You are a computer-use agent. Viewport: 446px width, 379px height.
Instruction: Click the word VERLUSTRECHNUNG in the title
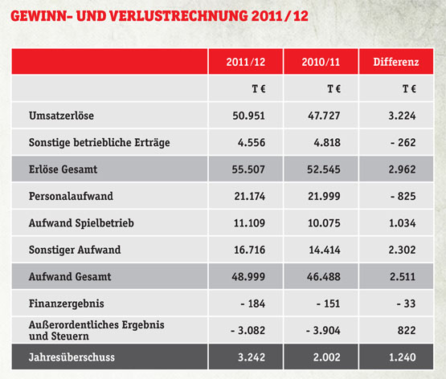click(x=178, y=16)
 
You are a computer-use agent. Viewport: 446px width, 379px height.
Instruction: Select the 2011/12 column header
click(x=246, y=62)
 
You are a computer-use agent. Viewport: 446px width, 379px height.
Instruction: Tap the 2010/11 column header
click(x=321, y=62)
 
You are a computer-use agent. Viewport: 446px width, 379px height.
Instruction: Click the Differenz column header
click(x=396, y=62)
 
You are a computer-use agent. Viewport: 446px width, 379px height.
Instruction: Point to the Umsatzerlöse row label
click(x=61, y=116)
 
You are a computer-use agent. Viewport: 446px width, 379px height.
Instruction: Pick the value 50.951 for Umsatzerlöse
click(x=248, y=116)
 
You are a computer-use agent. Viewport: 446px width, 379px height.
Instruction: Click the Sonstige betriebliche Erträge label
click(x=100, y=143)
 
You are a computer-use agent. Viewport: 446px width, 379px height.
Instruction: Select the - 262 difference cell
click(x=403, y=143)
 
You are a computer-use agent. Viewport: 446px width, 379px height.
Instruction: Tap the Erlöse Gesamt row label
click(x=63, y=169)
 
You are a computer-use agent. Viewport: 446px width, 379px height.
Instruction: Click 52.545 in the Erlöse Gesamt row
click(x=324, y=169)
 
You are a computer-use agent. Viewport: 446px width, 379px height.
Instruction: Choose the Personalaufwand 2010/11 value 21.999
click(x=324, y=196)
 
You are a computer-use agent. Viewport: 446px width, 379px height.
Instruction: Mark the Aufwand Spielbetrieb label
click(x=81, y=223)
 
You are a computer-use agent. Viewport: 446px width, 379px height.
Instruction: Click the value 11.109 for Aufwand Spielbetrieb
click(x=249, y=223)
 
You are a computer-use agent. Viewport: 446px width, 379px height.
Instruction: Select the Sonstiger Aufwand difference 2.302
click(x=402, y=250)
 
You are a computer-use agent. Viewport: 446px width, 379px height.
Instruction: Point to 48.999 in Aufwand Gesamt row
click(x=248, y=277)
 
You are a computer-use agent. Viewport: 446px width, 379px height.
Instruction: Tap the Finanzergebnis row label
click(x=66, y=304)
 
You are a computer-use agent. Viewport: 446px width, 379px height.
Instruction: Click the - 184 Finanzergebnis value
click(x=253, y=304)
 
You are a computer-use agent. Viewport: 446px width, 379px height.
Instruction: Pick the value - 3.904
click(x=323, y=330)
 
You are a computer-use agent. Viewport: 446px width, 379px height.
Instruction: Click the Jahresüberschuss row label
click(x=72, y=357)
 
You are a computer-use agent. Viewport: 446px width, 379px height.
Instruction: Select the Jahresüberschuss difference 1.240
click(x=402, y=357)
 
